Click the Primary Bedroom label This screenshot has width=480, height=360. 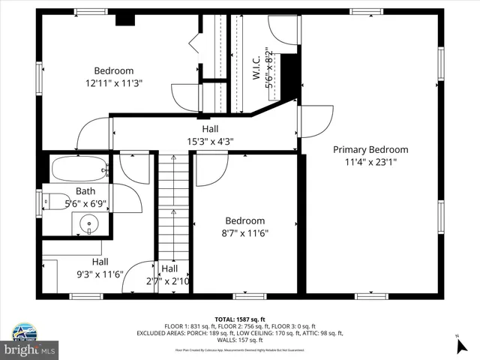[x=371, y=149]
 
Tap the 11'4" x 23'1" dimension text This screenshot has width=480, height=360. [x=371, y=161]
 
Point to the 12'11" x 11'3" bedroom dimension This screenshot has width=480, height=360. [x=114, y=83]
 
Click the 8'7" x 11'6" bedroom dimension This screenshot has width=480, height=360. [x=245, y=232]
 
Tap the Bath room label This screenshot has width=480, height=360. [x=85, y=191]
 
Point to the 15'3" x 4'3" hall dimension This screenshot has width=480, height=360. [x=210, y=140]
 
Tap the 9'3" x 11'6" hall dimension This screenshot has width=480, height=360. [x=100, y=274]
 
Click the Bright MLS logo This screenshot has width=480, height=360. [x=30, y=349]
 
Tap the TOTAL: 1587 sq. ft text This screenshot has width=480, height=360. [x=240, y=319]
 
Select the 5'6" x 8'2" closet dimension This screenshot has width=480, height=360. [x=268, y=70]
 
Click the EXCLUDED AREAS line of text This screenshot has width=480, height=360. [x=240, y=333]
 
